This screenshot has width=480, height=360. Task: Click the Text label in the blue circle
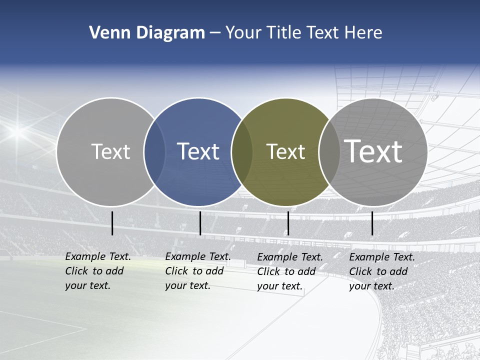[198, 151]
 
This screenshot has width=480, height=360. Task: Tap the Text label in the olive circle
[285, 151]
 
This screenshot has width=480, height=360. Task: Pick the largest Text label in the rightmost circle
[373, 151]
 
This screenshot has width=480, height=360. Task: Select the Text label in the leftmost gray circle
[110, 151]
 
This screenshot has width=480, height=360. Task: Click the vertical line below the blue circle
[200, 223]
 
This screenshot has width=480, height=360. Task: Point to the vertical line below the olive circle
[288, 223]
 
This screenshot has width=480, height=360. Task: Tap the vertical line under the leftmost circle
[112, 223]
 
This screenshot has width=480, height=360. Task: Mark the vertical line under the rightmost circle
[372, 223]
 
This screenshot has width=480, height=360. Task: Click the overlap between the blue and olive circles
[241, 152]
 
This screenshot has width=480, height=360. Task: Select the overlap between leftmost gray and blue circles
[154, 152]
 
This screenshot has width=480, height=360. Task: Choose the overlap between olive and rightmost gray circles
[329, 152]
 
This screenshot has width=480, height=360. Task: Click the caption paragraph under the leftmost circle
[97, 271]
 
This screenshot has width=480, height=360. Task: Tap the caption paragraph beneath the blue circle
[197, 271]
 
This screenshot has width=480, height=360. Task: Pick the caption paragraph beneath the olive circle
[289, 271]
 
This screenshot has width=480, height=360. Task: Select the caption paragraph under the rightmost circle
[381, 271]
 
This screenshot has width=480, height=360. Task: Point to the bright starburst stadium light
[18, 131]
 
